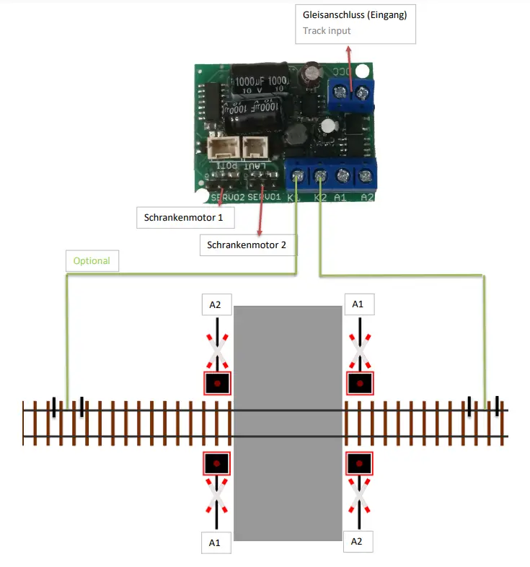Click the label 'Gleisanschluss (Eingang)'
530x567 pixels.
(355, 15)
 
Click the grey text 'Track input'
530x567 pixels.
(327, 31)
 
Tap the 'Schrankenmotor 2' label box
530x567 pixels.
(247, 245)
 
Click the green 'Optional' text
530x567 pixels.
(92, 260)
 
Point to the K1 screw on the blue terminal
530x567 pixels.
(297, 175)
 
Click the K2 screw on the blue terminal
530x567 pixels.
(319, 175)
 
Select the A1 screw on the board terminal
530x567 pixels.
(343, 175)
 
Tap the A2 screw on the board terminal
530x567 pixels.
(366, 175)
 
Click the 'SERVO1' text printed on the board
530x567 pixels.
(263, 196)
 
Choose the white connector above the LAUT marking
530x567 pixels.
(255, 148)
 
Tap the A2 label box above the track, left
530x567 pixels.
(216, 305)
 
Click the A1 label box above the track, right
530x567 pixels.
(358, 304)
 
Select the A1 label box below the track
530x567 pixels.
(214, 542)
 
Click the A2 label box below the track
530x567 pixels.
(358, 540)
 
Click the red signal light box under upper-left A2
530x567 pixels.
(216, 382)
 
